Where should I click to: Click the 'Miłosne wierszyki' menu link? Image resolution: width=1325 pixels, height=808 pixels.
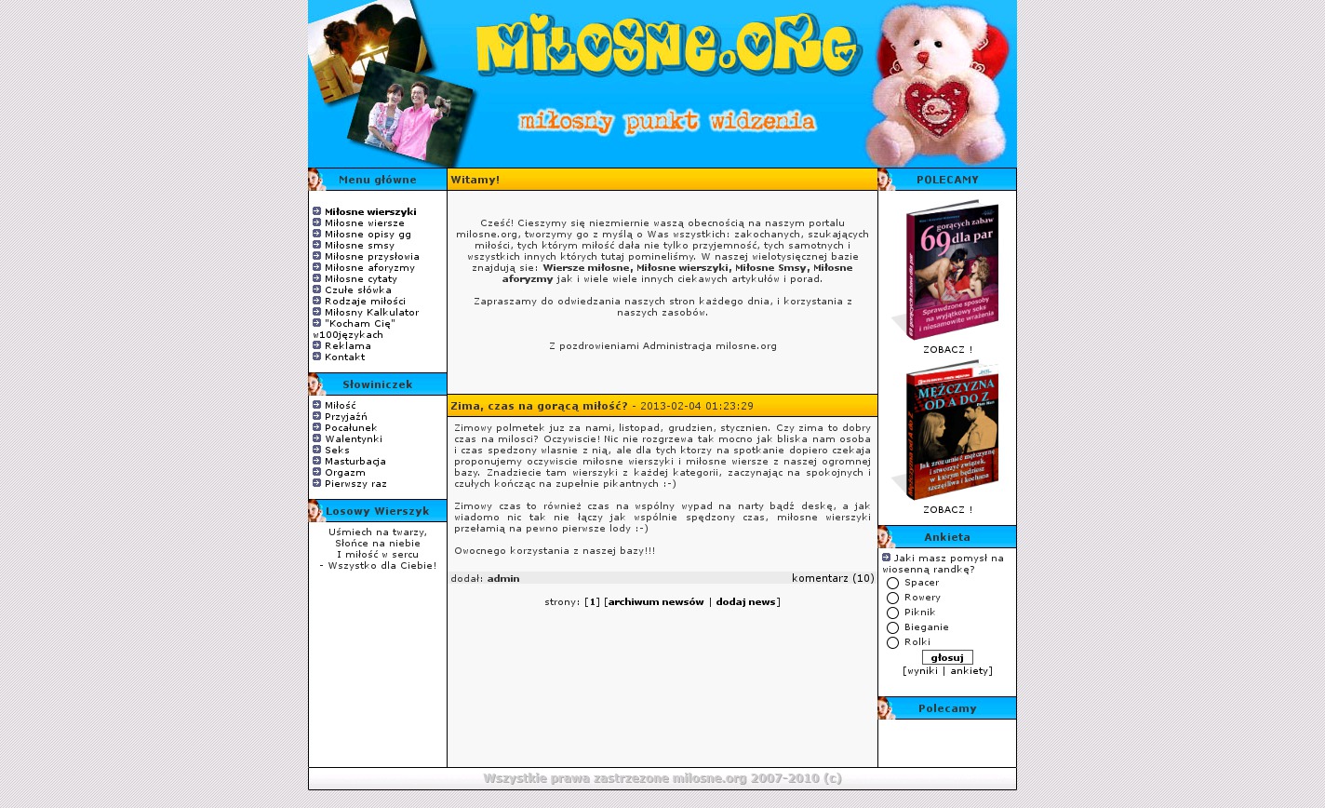click(370, 212)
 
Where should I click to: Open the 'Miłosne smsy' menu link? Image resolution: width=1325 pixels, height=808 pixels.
click(359, 246)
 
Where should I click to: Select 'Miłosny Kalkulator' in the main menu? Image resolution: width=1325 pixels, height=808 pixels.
click(371, 313)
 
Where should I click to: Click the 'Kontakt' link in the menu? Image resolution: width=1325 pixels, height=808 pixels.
click(344, 357)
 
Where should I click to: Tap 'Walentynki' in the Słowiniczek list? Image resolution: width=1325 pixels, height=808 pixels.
click(353, 439)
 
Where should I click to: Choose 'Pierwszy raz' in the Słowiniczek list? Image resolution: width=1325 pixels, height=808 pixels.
click(355, 484)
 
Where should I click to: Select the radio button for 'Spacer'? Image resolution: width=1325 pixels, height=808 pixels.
click(893, 584)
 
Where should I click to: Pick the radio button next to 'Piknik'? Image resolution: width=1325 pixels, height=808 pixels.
click(893, 613)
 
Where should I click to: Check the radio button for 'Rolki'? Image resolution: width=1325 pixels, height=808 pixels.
click(893, 643)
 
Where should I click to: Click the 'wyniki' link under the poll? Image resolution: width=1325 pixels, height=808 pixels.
click(921, 671)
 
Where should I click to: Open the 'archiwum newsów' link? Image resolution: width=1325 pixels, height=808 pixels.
click(656, 602)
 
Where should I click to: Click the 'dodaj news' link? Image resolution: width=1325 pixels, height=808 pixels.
click(745, 602)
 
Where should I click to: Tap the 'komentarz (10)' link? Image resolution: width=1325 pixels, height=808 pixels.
click(833, 578)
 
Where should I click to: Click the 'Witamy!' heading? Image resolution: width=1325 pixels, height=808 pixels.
click(475, 180)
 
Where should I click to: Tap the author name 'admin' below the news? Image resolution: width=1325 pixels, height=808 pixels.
click(503, 579)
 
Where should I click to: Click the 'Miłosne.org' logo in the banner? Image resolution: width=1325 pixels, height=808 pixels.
click(667, 45)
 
